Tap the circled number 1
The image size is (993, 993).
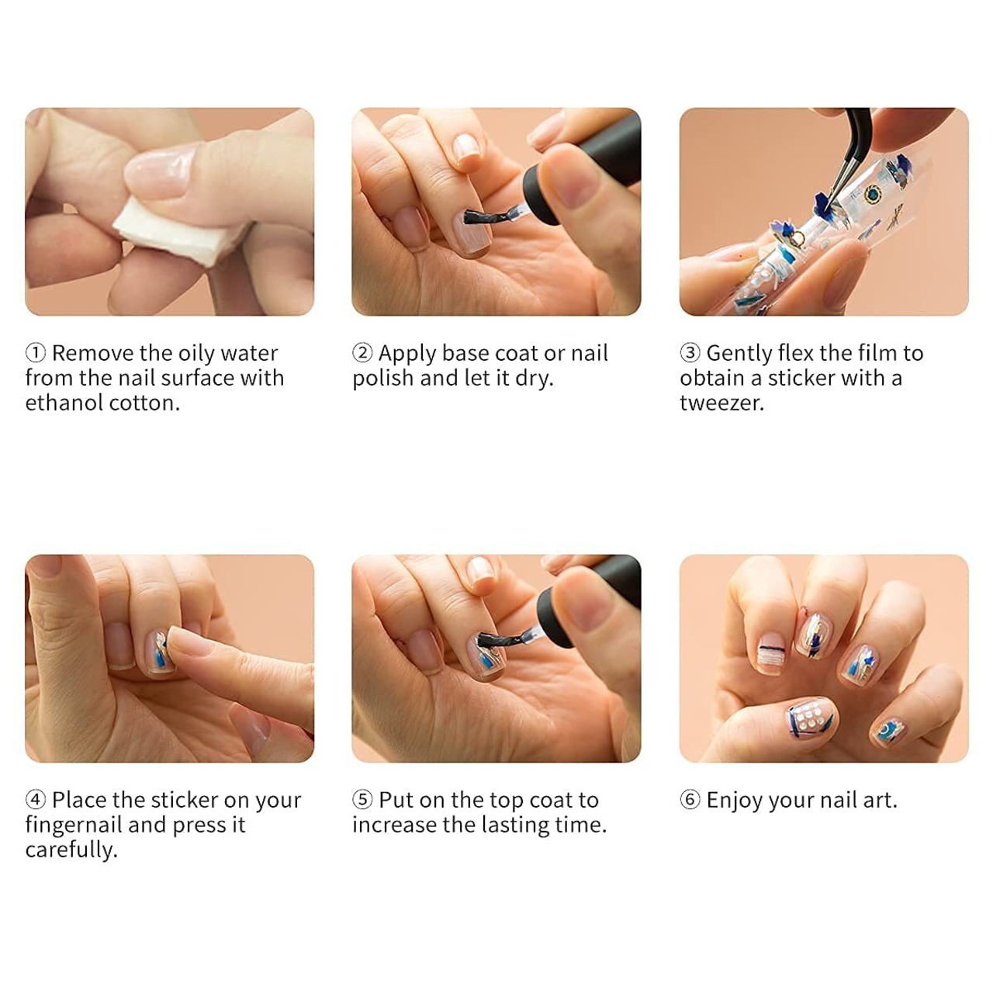[x=36, y=353]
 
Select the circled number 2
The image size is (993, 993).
[x=362, y=353]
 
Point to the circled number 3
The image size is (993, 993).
[x=690, y=353]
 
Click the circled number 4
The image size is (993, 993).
[x=36, y=800]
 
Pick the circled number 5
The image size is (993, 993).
[x=362, y=800]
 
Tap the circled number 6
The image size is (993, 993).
[x=690, y=800]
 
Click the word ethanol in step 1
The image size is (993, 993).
[x=64, y=403]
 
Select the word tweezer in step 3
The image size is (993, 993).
[x=721, y=403]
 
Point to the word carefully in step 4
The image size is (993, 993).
[x=71, y=850]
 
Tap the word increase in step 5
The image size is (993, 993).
[x=393, y=825]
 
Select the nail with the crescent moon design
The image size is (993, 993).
[x=887, y=730]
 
